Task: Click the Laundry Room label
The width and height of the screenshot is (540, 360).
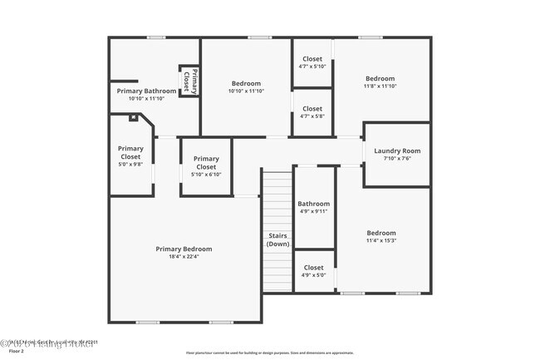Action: click(x=397, y=150)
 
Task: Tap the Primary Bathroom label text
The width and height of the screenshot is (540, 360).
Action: click(x=146, y=91)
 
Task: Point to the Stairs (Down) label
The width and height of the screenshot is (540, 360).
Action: click(x=277, y=239)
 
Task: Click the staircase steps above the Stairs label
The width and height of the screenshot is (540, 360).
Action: click(x=277, y=200)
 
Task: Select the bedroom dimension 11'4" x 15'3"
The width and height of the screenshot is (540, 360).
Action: click(x=380, y=241)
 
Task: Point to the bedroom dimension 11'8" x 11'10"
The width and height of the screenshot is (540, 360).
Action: click(x=380, y=86)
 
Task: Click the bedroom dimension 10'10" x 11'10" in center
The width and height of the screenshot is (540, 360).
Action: click(x=246, y=91)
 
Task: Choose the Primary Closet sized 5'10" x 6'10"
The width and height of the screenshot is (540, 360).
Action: click(x=206, y=166)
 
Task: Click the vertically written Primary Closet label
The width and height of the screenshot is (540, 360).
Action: click(x=189, y=81)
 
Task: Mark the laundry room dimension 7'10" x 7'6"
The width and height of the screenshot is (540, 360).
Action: click(x=397, y=159)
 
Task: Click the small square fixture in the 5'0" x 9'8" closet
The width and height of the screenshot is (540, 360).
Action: click(x=131, y=118)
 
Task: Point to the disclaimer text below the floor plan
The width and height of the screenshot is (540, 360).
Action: click(x=269, y=353)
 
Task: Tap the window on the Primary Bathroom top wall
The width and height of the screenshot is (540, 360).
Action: click(x=155, y=37)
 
